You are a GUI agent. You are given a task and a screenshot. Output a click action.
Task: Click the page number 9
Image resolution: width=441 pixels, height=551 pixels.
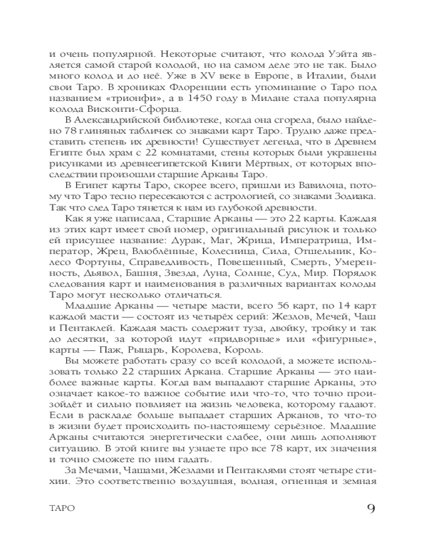click(x=370, y=507)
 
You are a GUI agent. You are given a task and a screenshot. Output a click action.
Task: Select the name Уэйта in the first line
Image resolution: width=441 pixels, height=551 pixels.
click(x=342, y=55)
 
